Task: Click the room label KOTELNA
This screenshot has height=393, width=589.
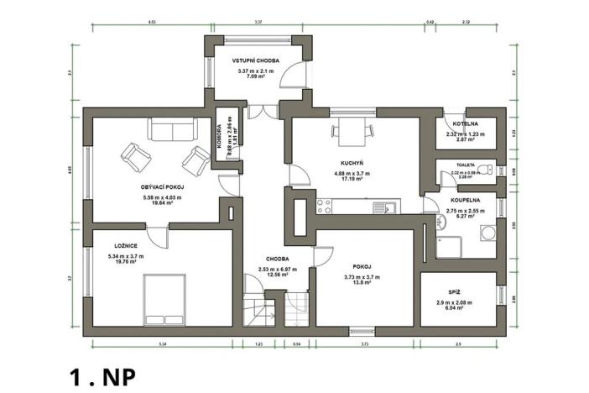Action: pyautogui.click(x=465, y=123)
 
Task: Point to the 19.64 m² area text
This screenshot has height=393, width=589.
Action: pyautogui.click(x=151, y=203)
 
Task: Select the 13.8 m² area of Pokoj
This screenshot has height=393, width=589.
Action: pyautogui.click(x=362, y=284)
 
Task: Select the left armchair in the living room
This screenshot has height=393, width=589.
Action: pyautogui.click(x=133, y=155)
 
